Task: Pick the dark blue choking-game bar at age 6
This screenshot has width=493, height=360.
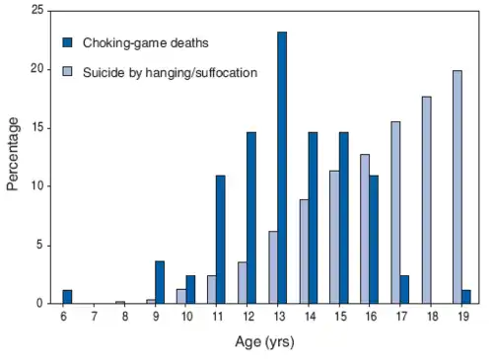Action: pos(68,297)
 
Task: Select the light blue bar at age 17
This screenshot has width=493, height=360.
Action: pos(395,212)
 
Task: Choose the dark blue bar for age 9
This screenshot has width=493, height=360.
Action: pos(160,282)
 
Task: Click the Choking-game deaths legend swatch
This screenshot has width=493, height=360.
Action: pos(68,43)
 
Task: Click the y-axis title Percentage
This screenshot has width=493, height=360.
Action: pos(13,154)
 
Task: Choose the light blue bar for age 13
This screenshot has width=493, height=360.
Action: pos(273,267)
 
